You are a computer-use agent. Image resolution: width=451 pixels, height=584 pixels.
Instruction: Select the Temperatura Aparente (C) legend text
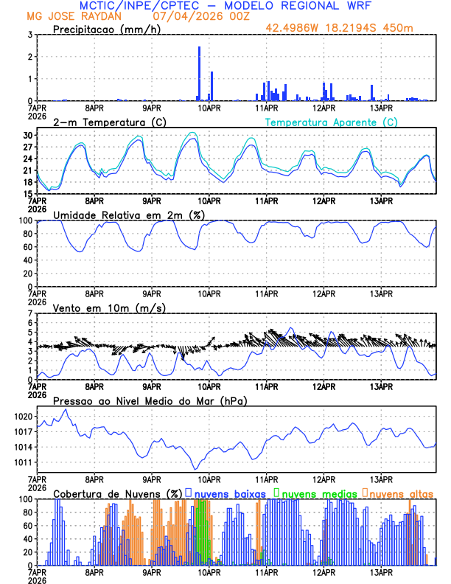pos(332,122)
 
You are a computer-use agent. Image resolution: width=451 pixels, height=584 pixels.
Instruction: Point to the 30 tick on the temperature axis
pos(29,136)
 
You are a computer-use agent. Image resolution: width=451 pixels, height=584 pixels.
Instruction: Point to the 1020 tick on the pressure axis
pos(24,417)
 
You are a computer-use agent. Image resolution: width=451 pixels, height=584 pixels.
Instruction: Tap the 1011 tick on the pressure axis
pos(24,462)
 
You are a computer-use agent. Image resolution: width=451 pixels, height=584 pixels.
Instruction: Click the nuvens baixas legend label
pos(230,493)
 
